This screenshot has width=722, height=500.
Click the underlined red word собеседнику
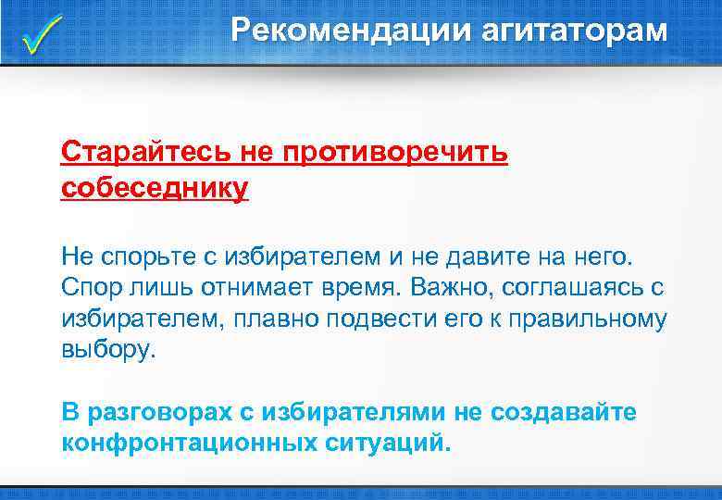155,188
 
